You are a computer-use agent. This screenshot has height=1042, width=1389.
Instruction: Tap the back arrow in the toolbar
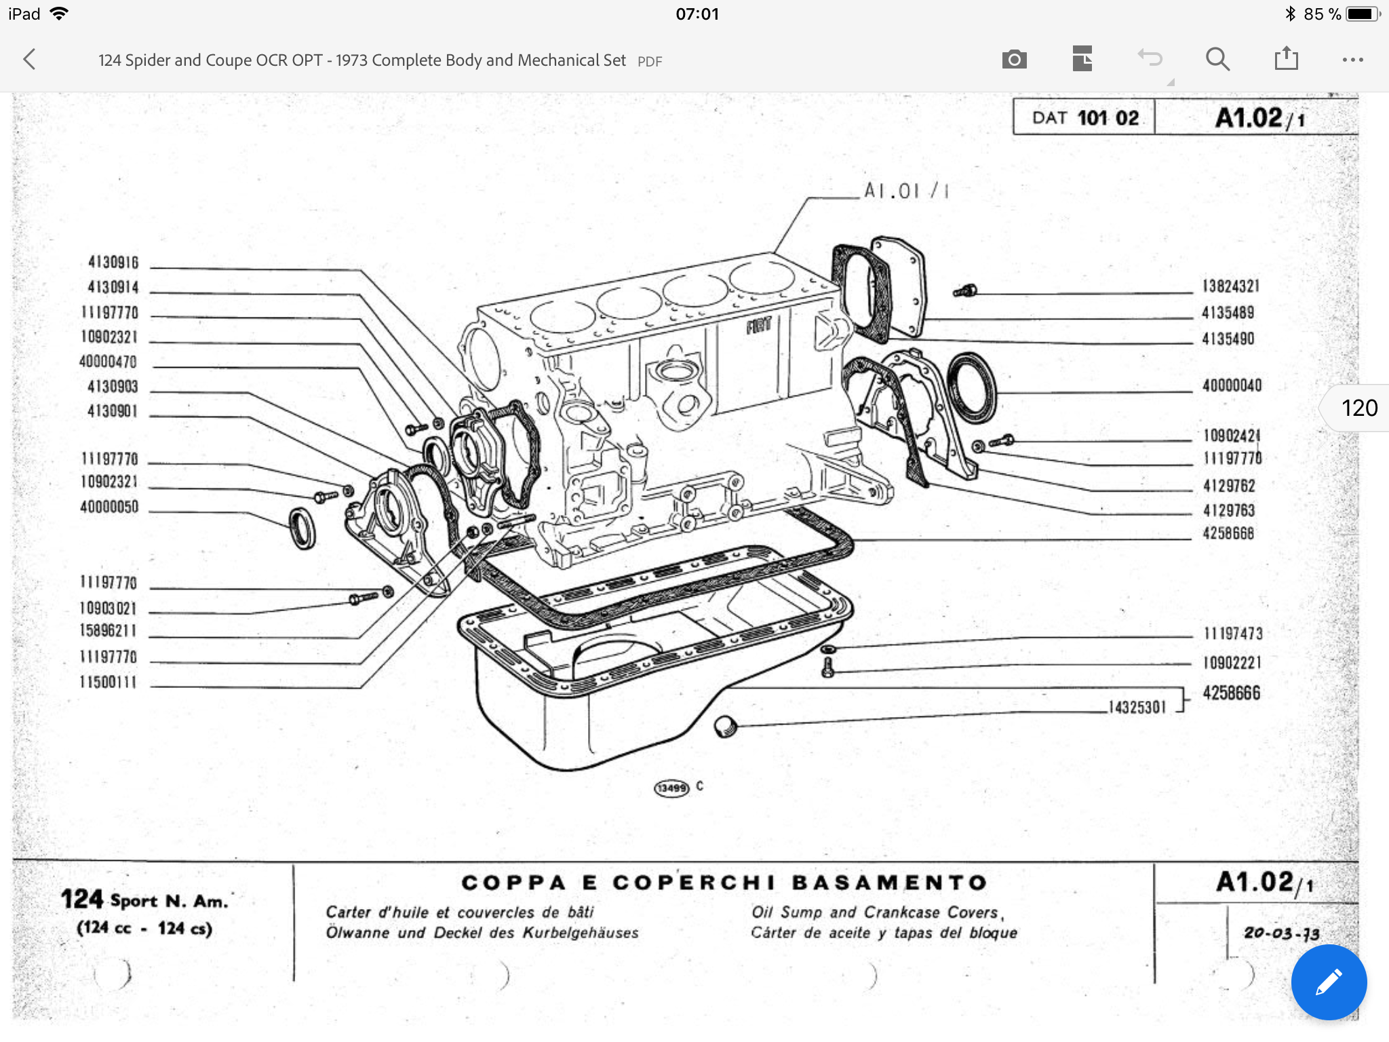click(29, 60)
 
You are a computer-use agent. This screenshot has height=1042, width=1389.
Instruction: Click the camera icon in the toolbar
click(1014, 60)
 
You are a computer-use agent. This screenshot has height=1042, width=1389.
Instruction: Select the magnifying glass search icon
click(1217, 60)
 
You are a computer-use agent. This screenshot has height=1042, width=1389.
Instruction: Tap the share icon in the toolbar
click(1286, 59)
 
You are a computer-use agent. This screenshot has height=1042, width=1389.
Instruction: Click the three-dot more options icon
click(1352, 60)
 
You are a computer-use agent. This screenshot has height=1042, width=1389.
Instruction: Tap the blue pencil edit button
click(1328, 982)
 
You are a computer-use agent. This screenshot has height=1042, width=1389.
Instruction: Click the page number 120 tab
click(1358, 408)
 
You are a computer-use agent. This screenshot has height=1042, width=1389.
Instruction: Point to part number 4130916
click(113, 263)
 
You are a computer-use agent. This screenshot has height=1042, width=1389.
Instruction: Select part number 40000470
click(109, 362)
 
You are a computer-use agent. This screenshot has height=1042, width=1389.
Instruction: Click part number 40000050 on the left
click(109, 507)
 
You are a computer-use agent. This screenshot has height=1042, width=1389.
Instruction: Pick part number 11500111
click(109, 682)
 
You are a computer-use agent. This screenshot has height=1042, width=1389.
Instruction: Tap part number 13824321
click(1230, 286)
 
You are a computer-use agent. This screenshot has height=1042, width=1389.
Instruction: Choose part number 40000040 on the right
click(1232, 385)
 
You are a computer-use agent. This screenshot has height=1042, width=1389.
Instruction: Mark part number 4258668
click(1228, 533)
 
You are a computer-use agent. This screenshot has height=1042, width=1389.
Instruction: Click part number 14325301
click(1137, 708)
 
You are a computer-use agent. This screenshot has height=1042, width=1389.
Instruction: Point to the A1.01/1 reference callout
click(905, 191)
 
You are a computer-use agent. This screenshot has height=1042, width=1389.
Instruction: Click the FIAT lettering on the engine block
click(759, 326)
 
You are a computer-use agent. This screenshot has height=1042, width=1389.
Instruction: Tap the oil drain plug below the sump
click(725, 727)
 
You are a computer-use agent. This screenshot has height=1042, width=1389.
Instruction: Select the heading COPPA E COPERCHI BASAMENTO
click(724, 883)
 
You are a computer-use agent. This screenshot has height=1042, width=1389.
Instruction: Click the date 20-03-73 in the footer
click(1281, 933)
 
